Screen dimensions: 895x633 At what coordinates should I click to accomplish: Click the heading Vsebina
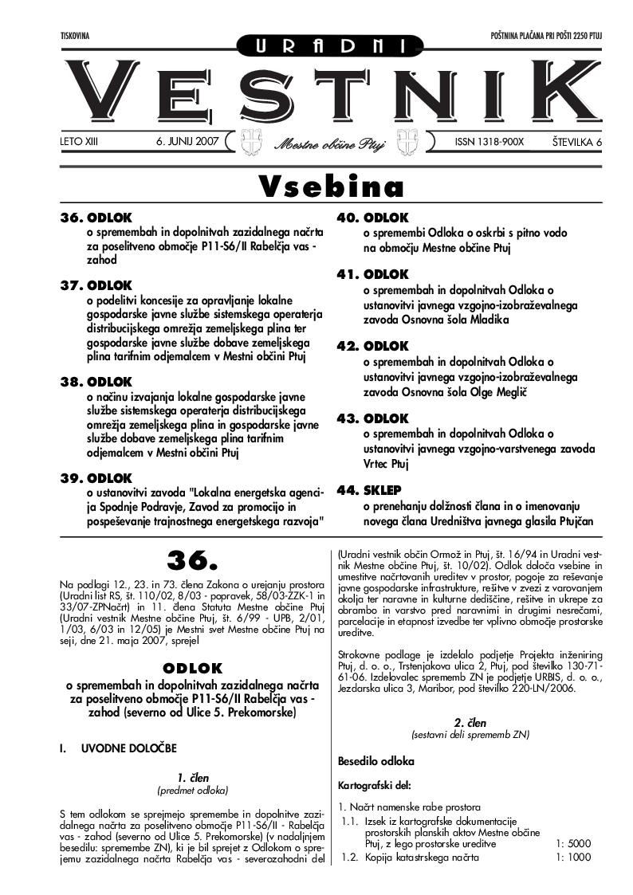pyautogui.click(x=331, y=187)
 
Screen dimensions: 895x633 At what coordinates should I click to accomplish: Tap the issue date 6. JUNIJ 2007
pyautogui.click(x=187, y=141)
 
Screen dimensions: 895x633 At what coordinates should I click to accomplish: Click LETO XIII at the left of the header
pyautogui.click(x=84, y=141)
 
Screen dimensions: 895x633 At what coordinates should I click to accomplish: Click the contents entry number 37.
pyautogui.click(x=73, y=285)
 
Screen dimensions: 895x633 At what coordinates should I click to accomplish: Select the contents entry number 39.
pyautogui.click(x=73, y=478)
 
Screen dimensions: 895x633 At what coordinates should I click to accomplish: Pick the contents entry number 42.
pyautogui.click(x=348, y=347)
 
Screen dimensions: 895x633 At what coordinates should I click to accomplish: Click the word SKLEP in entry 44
pyautogui.click(x=383, y=490)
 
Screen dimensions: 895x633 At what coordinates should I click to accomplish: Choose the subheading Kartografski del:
pyautogui.click(x=372, y=784)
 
